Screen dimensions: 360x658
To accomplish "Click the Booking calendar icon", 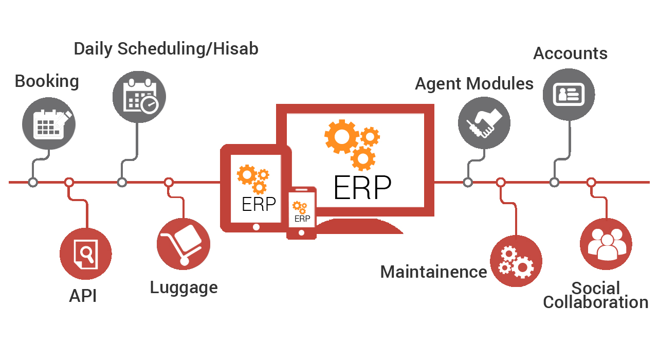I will pos(48,123).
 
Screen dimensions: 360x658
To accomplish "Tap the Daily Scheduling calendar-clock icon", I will pos(139,97).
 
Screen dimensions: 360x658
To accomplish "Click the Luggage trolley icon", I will pos(183,244).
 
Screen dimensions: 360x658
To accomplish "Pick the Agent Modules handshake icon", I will pos(484,123).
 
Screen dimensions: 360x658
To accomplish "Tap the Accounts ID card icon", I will pos(569,95).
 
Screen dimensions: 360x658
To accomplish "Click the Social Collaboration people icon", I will pos(606,244).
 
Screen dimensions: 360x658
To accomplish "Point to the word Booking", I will pos(47,81).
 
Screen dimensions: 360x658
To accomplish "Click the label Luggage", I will pos(184,287).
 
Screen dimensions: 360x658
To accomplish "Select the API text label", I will pos(83,296).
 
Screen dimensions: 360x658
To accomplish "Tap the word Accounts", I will pos(570,53).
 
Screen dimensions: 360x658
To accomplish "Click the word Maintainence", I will pos(433,272).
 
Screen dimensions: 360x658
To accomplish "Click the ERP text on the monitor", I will pos(362,188).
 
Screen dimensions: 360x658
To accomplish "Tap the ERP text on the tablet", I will pos(259,204).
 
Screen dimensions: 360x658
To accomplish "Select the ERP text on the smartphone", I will pos(302,219).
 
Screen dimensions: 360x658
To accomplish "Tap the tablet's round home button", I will pos(256,227).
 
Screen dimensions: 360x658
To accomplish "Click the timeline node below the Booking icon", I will pos(33,182).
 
